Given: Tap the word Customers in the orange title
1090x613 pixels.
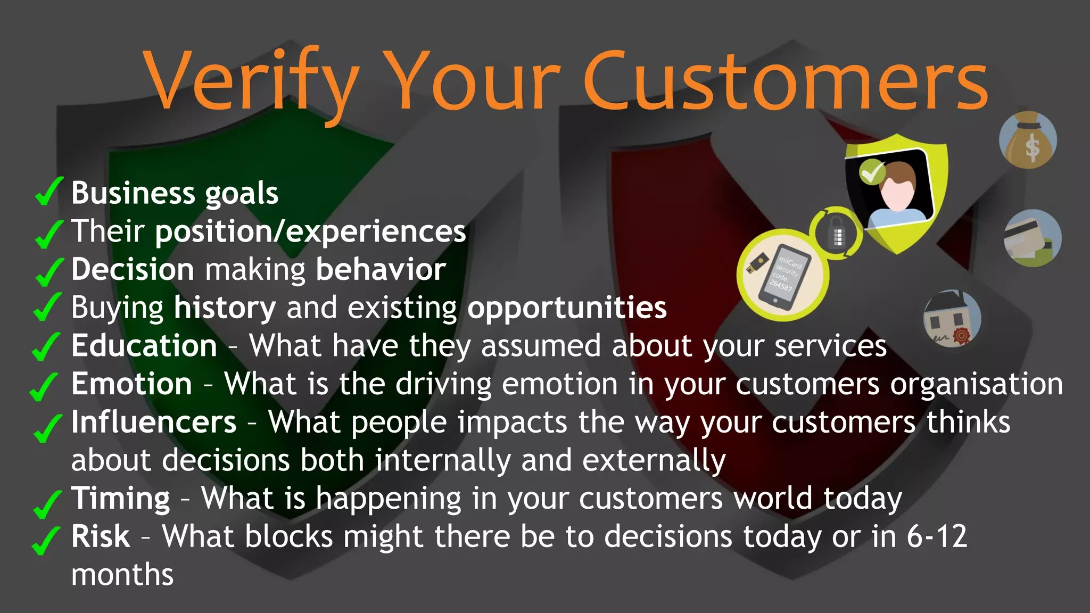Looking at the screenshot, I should point(786,82).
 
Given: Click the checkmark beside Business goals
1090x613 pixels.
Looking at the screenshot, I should point(48,192).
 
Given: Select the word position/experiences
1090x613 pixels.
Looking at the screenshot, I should point(310,231).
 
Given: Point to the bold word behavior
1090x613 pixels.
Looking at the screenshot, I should point(381,269).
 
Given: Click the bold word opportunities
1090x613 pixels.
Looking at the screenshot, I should point(567,308).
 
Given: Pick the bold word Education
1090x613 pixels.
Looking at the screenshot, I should point(144,346).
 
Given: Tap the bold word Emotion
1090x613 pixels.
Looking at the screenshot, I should point(131,384).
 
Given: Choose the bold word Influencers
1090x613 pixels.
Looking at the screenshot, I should point(154,422).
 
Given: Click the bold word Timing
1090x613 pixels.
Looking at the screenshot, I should point(121,498).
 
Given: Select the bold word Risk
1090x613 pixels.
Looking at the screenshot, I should point(101,536).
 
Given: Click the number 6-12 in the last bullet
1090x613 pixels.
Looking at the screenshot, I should point(937,536).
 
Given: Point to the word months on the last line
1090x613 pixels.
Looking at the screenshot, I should point(122,575).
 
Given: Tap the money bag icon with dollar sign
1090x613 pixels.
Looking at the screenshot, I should point(1028,140).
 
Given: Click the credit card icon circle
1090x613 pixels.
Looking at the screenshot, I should point(1032,238).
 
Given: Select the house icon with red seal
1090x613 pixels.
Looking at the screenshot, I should point(952,319).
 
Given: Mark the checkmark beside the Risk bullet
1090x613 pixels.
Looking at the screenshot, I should point(46,540).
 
